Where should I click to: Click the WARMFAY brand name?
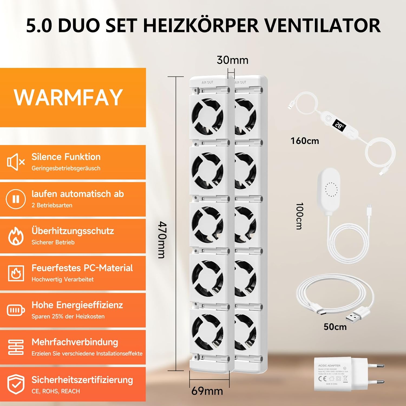68,97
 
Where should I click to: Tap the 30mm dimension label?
232,60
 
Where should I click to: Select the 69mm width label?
207,391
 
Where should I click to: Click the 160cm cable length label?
304,141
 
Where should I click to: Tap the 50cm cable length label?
335,327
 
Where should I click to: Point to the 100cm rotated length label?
299,216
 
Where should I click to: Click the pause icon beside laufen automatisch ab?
16,199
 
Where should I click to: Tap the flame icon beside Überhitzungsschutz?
16,236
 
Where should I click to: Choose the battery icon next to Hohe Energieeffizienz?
16,310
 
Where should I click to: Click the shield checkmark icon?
16,384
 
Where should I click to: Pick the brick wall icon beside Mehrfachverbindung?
16,347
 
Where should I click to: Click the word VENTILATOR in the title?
322,25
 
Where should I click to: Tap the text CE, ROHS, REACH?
56,391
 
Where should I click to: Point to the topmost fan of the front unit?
208,116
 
